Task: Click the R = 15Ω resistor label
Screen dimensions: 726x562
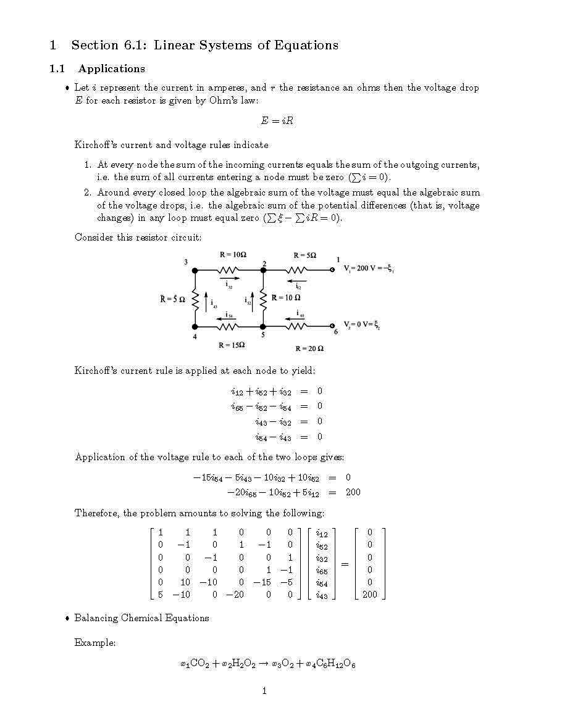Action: point(232,345)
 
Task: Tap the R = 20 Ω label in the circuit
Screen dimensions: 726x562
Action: point(309,349)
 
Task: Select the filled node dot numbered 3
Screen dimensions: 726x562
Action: point(195,270)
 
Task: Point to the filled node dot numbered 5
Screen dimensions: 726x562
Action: point(262,326)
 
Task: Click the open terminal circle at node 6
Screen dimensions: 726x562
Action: point(332,326)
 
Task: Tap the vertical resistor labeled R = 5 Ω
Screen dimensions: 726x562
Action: point(195,299)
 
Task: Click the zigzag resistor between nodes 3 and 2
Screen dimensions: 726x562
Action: point(229,270)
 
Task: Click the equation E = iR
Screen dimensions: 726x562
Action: point(277,122)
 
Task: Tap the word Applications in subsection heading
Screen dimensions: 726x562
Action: point(111,68)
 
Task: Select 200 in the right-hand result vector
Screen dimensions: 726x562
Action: point(370,595)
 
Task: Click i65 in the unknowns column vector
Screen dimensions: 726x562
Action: point(321,571)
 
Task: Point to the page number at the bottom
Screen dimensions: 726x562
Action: point(264,691)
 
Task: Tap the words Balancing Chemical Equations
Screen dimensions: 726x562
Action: point(141,618)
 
